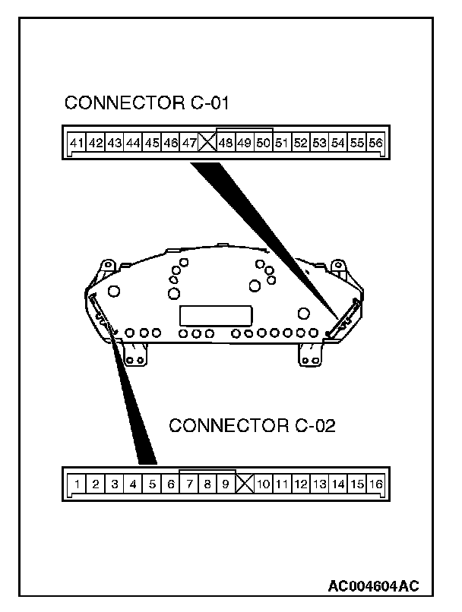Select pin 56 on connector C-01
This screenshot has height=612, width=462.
pos(375,142)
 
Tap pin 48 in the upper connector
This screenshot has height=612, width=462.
pos(226,142)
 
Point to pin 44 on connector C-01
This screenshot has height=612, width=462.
pos(133,142)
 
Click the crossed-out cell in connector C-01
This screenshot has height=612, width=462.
pos(207,142)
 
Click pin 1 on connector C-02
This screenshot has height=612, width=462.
pos(78,483)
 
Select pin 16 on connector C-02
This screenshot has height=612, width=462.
pos(376,483)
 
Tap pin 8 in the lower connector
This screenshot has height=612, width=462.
pos(207,483)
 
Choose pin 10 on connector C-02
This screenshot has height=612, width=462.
pos(264,483)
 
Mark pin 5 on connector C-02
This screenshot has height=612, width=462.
pos(152,483)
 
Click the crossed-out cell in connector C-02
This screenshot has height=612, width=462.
pos(245,483)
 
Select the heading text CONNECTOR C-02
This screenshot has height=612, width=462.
pos(251,425)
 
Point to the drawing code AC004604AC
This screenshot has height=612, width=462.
pos(373,586)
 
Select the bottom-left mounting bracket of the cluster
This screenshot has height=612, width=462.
pos(137,353)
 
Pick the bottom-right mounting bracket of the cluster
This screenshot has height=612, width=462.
pos(309,354)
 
